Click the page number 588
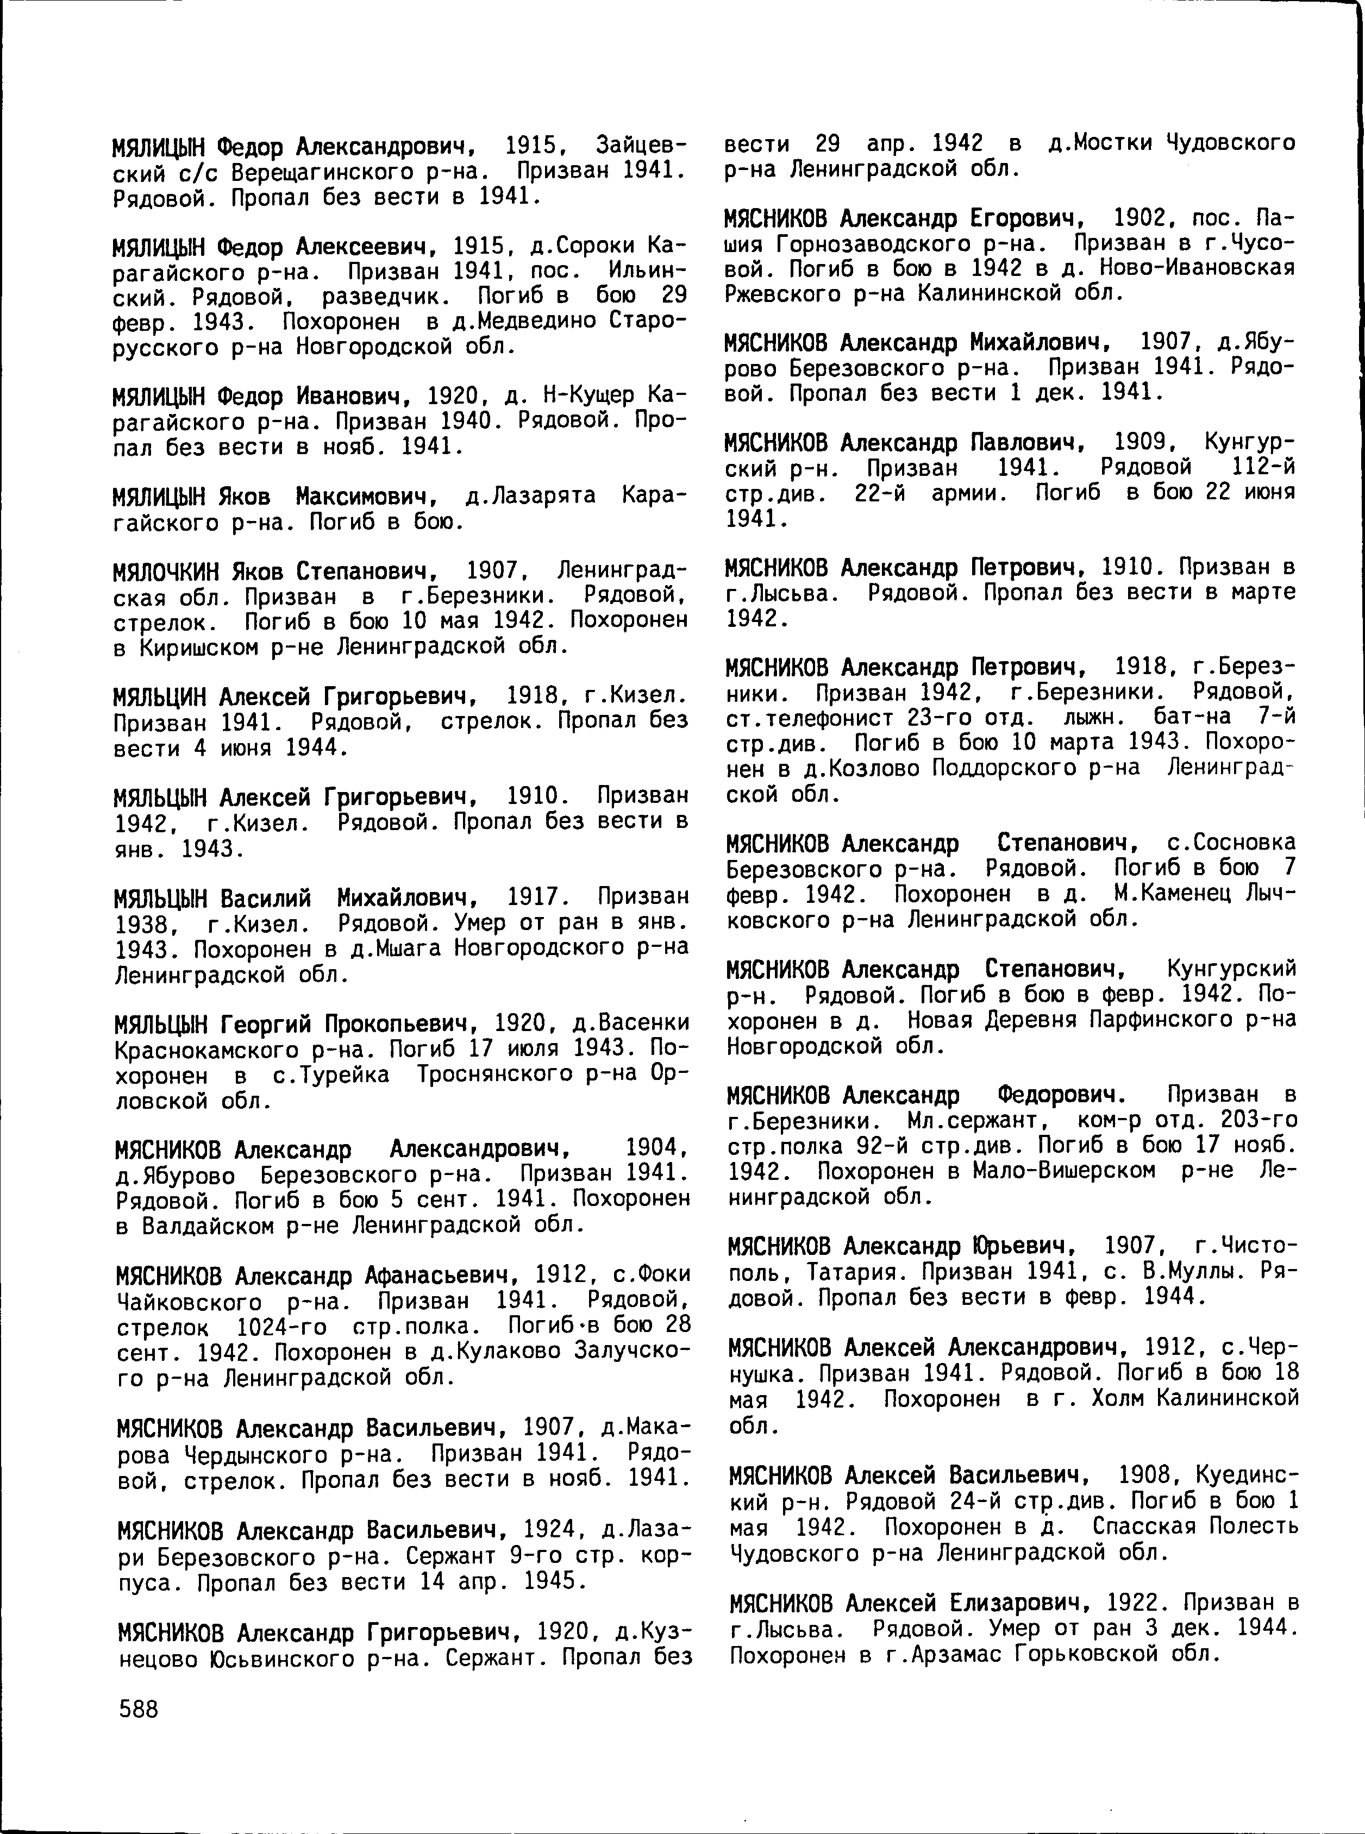(x=138, y=1709)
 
